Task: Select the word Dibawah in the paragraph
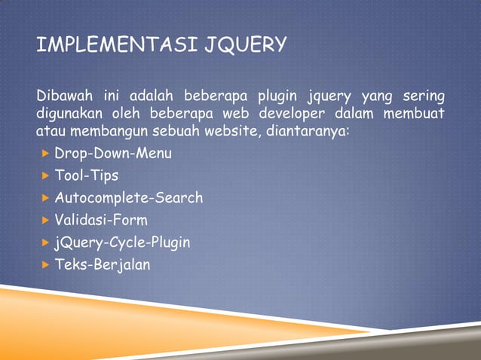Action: [62, 96]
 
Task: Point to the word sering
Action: [422, 96]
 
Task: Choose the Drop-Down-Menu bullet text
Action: [113, 154]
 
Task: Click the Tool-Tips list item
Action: [87, 175]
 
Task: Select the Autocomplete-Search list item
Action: [129, 198]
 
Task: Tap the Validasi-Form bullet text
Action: [101, 220]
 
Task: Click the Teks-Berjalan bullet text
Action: [102, 264]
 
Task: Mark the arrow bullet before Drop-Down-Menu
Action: [45, 154]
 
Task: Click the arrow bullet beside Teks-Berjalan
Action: [45, 264]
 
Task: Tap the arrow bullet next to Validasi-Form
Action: [45, 220]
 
